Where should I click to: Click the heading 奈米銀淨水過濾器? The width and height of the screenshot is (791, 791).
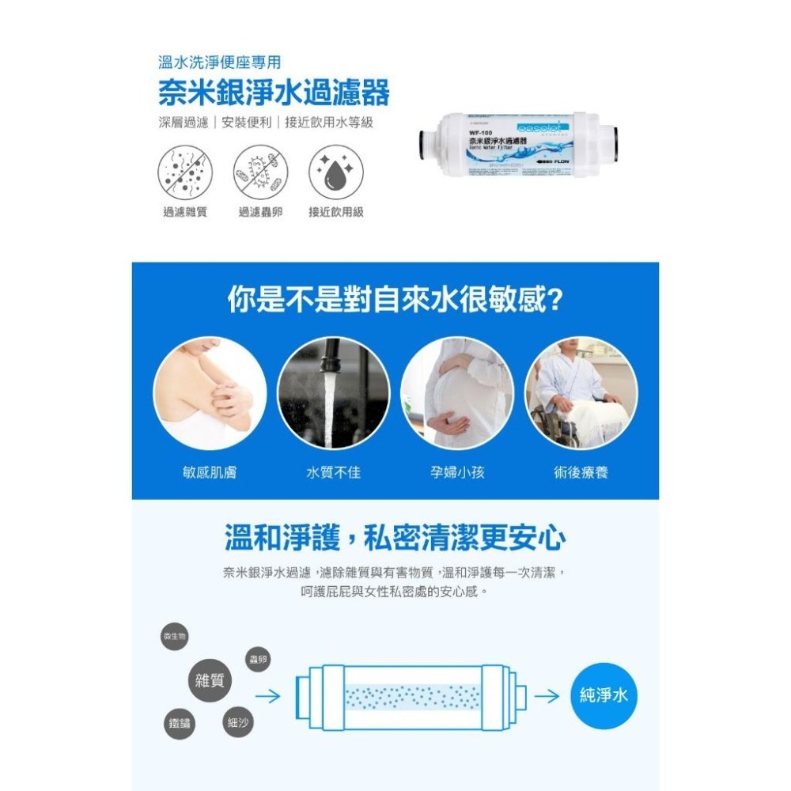[x=274, y=93]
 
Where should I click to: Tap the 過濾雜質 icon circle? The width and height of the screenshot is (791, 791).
[x=185, y=172]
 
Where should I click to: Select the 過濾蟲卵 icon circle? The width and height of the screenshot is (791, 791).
[x=261, y=172]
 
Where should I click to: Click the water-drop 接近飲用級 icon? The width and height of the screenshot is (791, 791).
[x=335, y=172]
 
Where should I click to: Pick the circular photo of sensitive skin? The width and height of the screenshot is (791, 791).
[x=210, y=393]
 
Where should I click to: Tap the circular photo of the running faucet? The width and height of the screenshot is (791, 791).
[x=334, y=393]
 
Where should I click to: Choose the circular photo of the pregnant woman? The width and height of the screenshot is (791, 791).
[x=457, y=393]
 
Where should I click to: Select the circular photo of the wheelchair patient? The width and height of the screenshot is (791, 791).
[x=581, y=393]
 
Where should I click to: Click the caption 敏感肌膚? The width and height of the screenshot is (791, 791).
[x=210, y=472]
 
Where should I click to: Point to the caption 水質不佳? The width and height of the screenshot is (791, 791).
[x=334, y=472]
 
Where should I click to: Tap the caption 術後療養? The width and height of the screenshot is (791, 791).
[x=581, y=472]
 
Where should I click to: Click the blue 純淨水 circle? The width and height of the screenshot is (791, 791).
[x=604, y=695]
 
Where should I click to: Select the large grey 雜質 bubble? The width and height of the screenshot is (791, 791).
[x=209, y=679]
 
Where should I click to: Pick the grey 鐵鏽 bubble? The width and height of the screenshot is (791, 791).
[x=180, y=723]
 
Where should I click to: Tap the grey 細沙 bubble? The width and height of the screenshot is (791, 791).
[x=237, y=721]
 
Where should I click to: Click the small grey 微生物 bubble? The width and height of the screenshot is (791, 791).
[x=174, y=637]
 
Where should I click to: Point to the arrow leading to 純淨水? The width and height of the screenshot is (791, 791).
[x=547, y=696]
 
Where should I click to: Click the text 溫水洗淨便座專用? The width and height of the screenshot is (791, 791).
[x=219, y=62]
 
